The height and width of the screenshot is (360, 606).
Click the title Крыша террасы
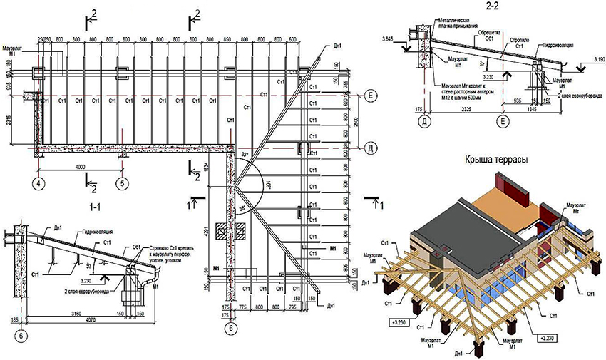point(496,160)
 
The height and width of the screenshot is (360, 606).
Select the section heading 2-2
point(492,6)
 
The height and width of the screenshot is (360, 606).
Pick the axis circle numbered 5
point(123,182)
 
